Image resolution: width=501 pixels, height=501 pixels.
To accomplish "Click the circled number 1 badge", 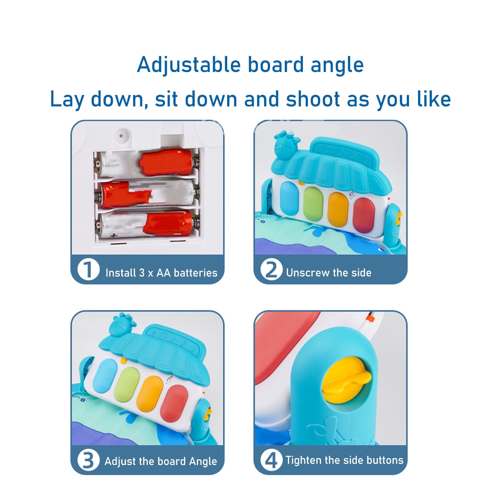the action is point(88,270).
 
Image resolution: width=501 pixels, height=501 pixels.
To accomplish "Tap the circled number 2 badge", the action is point(271,270).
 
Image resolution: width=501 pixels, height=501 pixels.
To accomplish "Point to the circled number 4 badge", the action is point(271,460).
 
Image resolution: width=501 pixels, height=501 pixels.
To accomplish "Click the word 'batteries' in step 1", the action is point(196,273).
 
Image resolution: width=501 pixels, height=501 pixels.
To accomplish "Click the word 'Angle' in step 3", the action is point(202,462).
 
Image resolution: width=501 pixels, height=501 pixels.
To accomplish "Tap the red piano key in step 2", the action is point(364,215).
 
